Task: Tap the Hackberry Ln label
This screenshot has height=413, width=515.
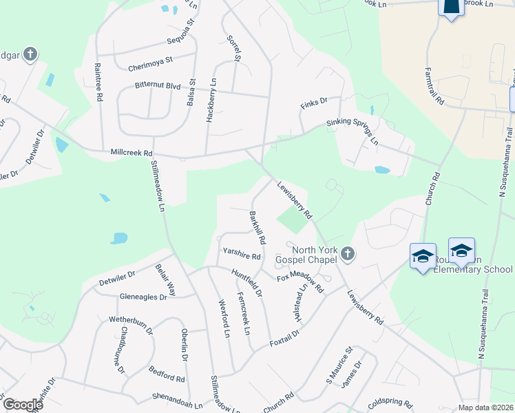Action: point(211,100)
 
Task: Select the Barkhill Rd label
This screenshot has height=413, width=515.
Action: point(257,228)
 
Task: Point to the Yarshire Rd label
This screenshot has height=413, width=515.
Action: point(242,255)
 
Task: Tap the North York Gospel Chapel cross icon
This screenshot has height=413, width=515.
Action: point(348,255)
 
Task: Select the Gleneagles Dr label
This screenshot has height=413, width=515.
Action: point(143,297)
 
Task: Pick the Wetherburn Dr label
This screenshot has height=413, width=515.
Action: point(131,324)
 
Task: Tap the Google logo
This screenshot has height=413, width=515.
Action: point(23,405)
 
